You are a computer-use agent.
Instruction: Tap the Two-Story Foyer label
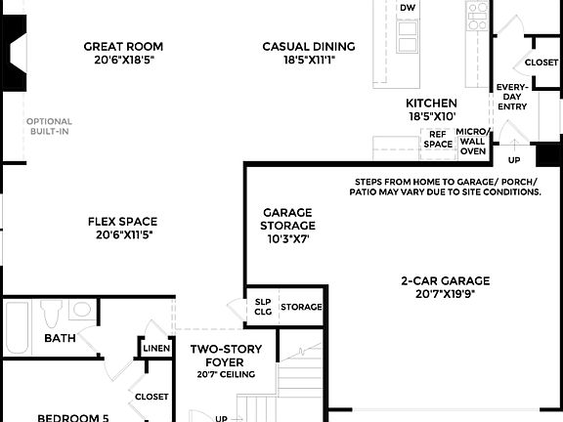tap(224, 356)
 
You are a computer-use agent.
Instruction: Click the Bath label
tap(60, 339)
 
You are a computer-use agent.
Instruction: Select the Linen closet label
tap(155, 348)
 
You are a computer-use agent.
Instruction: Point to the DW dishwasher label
tap(408, 8)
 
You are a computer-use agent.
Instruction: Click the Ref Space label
tap(438, 139)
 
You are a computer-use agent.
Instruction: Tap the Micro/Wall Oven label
tap(473, 141)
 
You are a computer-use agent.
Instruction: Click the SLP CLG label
tap(263, 307)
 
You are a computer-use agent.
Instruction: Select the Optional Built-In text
tap(49, 127)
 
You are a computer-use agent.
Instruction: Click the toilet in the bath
tap(53, 314)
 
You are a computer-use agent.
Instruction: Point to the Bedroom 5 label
tap(74, 418)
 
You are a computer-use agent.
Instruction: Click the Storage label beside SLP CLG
tap(301, 307)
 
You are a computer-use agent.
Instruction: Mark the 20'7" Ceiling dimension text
tap(226, 374)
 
